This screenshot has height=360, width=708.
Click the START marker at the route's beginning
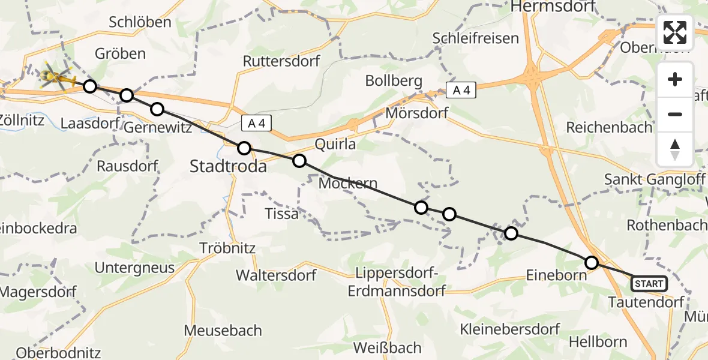[649, 283]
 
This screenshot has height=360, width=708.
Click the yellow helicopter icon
[55, 77]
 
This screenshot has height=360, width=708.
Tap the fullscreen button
[675, 32]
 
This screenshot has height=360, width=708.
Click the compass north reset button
[675, 149]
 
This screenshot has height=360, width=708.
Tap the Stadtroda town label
[228, 167]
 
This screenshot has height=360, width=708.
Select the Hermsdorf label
[552, 7]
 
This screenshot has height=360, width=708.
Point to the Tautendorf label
[646, 302]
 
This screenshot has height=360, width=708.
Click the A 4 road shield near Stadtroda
[257, 124]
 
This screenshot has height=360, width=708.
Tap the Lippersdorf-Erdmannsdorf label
[397, 283]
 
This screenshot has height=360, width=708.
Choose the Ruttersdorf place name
[281, 61]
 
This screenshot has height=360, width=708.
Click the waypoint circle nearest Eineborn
[592, 263]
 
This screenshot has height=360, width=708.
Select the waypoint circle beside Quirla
[299, 161]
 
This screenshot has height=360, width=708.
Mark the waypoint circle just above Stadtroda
[244, 148]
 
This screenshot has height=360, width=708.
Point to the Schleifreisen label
[476, 38]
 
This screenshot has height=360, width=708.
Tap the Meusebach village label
[223, 330]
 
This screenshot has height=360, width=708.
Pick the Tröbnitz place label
[228, 248]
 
